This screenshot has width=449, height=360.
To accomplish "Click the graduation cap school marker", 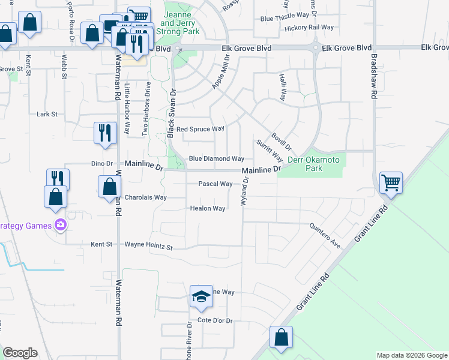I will [x=202, y=296].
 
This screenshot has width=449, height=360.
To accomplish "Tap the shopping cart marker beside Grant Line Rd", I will [x=391, y=182].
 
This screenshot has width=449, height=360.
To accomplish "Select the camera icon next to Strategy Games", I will [x=60, y=226].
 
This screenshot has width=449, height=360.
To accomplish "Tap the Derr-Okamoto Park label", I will [x=313, y=164].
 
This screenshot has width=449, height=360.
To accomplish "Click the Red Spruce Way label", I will [x=200, y=128].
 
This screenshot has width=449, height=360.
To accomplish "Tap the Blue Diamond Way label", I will [x=216, y=158].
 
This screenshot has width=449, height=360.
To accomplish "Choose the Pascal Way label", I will [x=215, y=184].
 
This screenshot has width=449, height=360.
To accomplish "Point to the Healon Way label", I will [x=207, y=208].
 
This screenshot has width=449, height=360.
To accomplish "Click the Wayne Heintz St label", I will [x=148, y=245].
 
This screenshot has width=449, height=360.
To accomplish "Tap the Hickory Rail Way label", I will [x=309, y=28].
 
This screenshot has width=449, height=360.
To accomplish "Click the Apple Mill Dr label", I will [x=221, y=73].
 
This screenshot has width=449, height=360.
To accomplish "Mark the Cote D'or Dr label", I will [x=214, y=321].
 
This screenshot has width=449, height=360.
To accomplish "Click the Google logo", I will [x=20, y=353].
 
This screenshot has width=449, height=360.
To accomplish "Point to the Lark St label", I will [x=46, y=113].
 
